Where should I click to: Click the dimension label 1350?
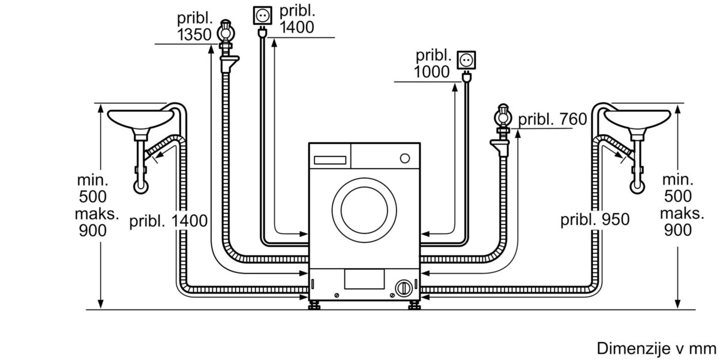click(194, 35)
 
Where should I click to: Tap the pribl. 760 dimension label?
click(553, 119)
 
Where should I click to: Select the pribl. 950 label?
click(595, 220)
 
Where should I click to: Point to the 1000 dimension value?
click(431, 71)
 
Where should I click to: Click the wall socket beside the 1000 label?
click(466, 60)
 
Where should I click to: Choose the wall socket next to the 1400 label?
click(262, 16)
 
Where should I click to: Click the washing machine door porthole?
click(364, 211)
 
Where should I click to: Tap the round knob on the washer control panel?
click(404, 158)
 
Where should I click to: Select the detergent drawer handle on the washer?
click(330, 160)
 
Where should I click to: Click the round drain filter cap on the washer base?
click(404, 288)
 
